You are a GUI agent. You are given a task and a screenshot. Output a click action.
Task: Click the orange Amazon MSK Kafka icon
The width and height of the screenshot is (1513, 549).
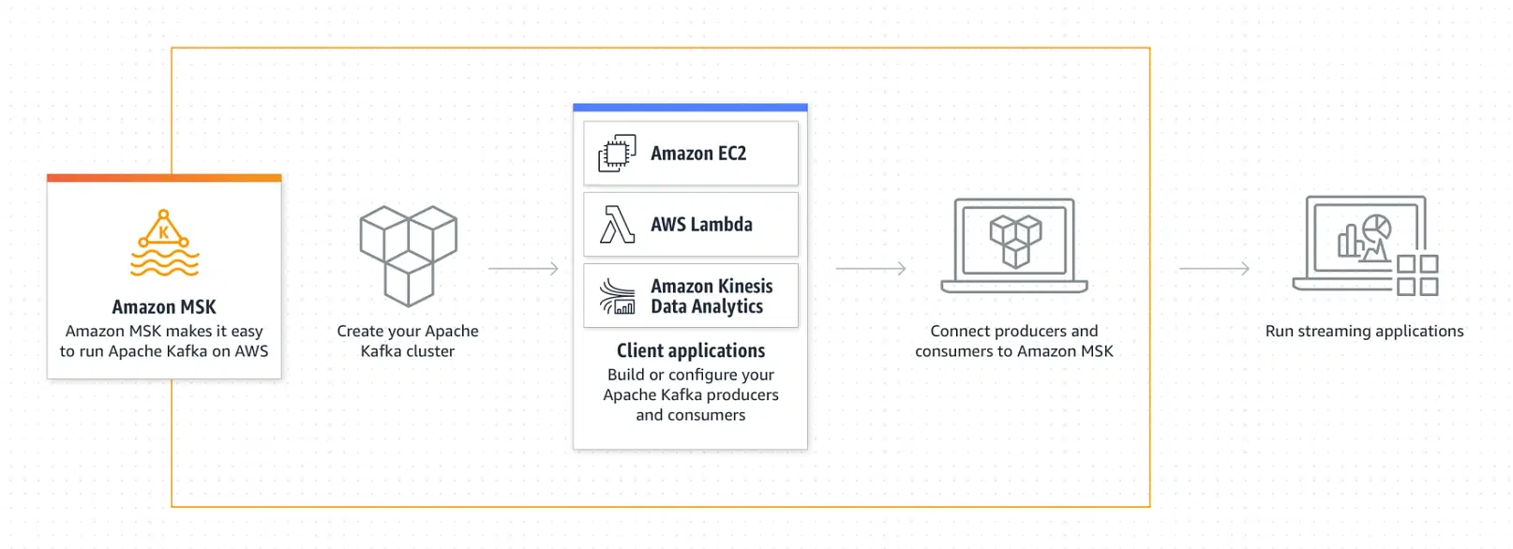[x=164, y=243]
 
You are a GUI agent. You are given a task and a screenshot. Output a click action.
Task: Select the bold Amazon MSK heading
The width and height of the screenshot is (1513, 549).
[x=164, y=306]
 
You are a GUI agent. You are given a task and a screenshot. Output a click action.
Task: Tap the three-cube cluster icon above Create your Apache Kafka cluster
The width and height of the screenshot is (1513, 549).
[x=409, y=256]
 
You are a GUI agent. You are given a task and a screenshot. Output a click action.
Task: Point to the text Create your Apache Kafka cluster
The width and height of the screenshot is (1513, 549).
[x=407, y=341]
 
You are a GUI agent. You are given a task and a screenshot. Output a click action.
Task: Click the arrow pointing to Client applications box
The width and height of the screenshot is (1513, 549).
[x=523, y=269]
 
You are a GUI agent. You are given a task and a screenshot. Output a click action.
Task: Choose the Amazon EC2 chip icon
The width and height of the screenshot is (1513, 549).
[x=617, y=154]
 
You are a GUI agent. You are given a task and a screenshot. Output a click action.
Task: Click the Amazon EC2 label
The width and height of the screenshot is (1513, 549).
[x=698, y=154]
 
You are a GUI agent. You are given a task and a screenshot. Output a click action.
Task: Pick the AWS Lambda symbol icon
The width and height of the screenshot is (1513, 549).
[x=617, y=224]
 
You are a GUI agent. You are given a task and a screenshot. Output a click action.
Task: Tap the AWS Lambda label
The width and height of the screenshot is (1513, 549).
[x=701, y=224]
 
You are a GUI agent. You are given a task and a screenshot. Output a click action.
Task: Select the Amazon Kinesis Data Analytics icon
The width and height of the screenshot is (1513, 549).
[x=617, y=296]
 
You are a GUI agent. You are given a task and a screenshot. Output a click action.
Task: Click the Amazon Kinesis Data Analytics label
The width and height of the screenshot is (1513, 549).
[x=712, y=296]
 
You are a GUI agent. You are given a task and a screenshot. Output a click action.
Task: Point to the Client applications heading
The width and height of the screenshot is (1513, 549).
[x=691, y=350]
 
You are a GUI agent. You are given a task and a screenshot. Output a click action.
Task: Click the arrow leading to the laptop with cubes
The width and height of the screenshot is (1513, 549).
[x=871, y=269]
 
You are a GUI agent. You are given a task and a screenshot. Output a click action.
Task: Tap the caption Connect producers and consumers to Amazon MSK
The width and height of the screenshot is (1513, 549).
[x=1014, y=341]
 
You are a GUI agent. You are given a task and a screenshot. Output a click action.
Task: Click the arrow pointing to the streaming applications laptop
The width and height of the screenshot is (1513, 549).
[x=1215, y=269]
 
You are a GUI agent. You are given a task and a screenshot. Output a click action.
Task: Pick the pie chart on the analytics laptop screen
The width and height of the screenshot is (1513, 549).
[x=1376, y=227]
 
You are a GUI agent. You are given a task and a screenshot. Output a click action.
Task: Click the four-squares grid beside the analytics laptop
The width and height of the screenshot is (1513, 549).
[x=1417, y=274]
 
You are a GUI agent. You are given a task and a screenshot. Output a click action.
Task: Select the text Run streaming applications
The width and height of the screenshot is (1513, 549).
[x=1364, y=331]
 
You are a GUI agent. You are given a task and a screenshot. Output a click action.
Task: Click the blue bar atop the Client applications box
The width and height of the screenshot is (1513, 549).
[x=690, y=108]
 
